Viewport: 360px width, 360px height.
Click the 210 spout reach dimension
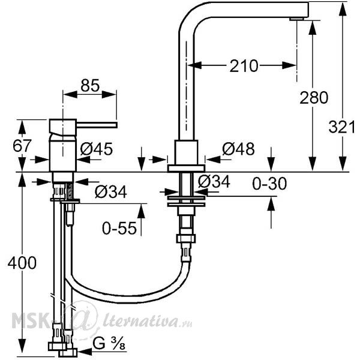tap(244, 66)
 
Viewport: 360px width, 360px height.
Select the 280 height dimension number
tap(314, 98)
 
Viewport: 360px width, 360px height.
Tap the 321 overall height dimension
tap(341, 127)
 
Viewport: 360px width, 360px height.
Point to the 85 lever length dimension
tap(90, 85)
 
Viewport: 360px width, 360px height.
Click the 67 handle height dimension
tap(22, 146)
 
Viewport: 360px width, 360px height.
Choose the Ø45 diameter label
tap(97, 149)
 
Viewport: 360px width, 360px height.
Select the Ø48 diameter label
tap(238, 149)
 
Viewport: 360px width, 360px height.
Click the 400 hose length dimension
tap(22, 263)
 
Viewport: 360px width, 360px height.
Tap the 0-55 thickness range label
tap(119, 228)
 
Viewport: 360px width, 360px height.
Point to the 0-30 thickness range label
tap(269, 184)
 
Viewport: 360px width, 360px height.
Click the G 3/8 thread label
tap(109, 344)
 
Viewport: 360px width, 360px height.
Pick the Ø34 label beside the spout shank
tap(214, 182)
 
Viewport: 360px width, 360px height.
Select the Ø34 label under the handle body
tap(110, 192)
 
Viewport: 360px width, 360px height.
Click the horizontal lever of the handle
tap(97, 125)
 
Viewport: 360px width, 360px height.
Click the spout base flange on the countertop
tap(186, 168)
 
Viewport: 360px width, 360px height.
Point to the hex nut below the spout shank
tap(186, 239)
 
